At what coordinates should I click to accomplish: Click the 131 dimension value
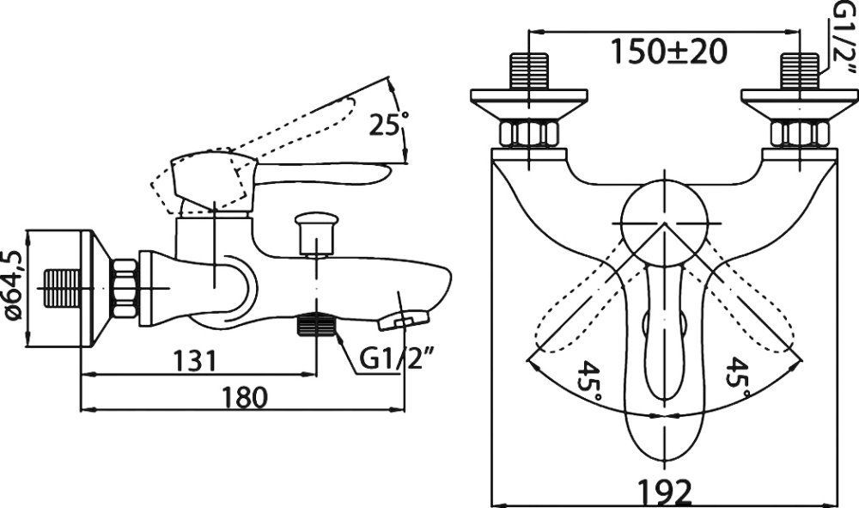pyautogui.click(x=195, y=360)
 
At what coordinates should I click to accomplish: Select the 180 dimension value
pyautogui.click(x=244, y=397)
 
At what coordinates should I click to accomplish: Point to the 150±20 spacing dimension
pyautogui.click(x=668, y=51)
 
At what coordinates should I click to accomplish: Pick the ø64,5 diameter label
pyautogui.click(x=12, y=285)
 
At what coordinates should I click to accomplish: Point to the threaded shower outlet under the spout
pyautogui.click(x=316, y=324)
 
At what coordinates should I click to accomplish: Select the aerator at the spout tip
pyautogui.click(x=404, y=320)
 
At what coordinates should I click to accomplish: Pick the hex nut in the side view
pyautogui.click(x=125, y=288)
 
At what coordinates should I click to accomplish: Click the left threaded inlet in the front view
pyautogui.click(x=528, y=70)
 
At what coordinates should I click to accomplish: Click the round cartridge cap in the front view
pyautogui.click(x=663, y=223)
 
